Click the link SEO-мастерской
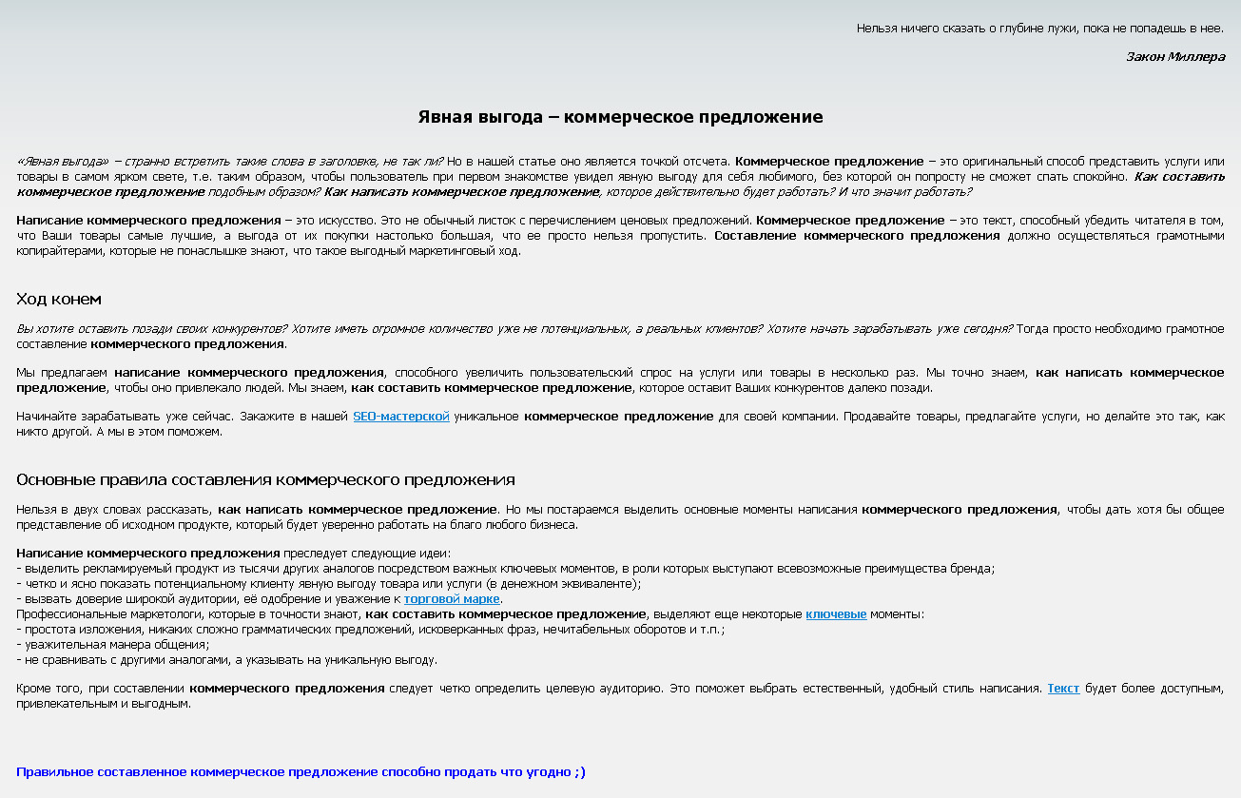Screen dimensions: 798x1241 pos(400,417)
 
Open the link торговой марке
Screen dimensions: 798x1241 pos(452,599)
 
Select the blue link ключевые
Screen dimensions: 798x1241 pos(836,614)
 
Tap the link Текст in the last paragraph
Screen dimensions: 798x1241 pos(1063,689)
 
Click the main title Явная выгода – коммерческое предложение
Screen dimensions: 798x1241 pos(620,117)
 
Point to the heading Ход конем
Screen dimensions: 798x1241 pos(58,299)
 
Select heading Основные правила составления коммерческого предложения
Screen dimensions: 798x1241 pos(265,479)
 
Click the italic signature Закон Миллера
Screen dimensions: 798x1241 pos(1175,56)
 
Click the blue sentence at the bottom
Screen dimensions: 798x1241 pos(301,772)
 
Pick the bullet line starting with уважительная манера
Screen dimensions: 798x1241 pos(113,645)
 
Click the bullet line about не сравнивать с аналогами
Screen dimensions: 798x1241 pos(226,660)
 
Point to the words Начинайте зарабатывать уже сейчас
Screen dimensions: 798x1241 pos(125,417)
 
